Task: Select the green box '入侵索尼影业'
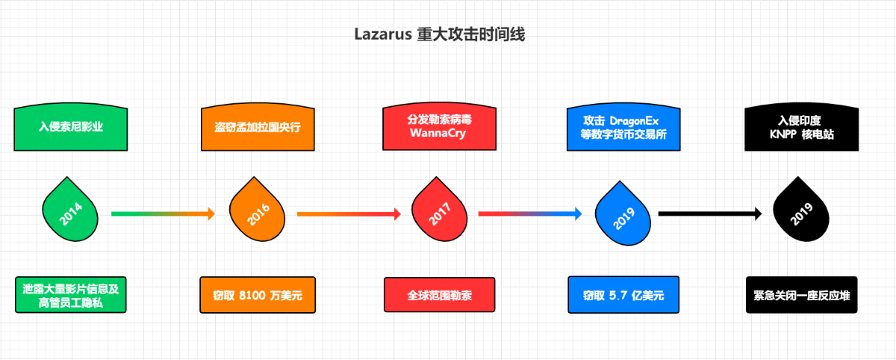point(71,127)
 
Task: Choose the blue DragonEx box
point(623,127)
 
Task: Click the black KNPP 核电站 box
point(802,127)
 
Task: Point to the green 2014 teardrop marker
point(69,212)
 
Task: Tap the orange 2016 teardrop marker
point(257,212)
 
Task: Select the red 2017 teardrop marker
point(439,212)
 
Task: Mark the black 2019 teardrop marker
point(800,212)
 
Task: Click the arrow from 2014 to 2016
point(163,214)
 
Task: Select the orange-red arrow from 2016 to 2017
point(349,214)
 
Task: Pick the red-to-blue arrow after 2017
point(530,214)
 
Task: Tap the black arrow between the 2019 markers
point(710,214)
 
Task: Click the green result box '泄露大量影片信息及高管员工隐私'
point(71,295)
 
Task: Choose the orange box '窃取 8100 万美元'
point(256,295)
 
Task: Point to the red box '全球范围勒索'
point(440,295)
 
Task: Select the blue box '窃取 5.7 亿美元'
point(623,295)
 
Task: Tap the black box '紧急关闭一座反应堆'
point(802,295)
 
